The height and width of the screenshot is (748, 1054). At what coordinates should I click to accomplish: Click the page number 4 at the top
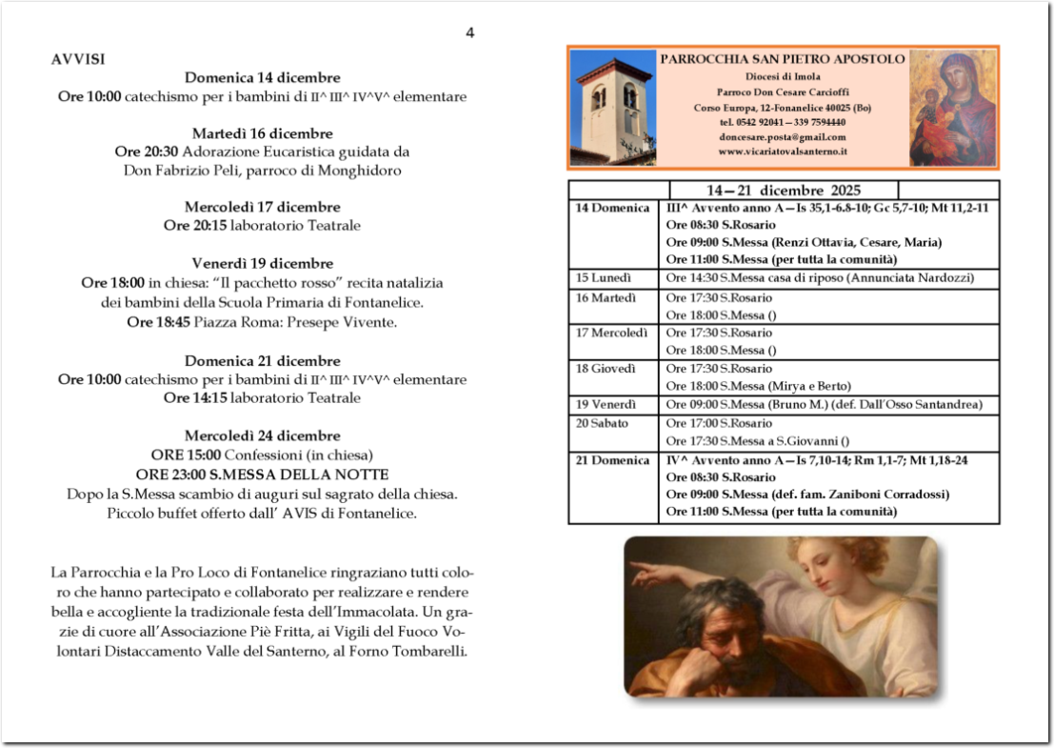pos(469,33)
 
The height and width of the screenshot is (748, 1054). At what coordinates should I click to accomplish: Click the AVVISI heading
pos(78,59)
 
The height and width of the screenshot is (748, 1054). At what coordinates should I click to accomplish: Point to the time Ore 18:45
pos(158,322)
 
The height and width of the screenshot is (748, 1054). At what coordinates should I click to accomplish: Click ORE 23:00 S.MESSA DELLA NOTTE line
pos(263,475)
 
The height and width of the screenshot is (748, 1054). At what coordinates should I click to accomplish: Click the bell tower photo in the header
pos(613,108)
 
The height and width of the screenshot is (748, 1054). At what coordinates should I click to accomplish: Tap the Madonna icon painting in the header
pos(952,108)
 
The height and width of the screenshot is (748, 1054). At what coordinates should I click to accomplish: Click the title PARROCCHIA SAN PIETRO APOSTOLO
pos(783,59)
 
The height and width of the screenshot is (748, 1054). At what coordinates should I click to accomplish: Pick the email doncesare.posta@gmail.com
pos(783,137)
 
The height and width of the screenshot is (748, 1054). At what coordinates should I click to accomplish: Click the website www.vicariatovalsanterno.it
pos(783,152)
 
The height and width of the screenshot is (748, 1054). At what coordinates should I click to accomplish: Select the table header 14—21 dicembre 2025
pos(784,190)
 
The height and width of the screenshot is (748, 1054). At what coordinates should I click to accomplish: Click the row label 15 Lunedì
pos(604,278)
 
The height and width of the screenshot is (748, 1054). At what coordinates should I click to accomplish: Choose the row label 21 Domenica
pos(611,460)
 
